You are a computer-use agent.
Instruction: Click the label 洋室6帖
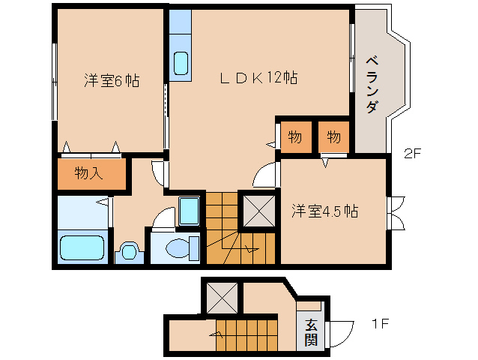coord(110,79)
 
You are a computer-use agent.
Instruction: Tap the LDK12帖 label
coord(259,77)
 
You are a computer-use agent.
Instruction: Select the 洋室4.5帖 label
coord(324,211)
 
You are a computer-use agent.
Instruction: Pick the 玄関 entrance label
coord(310,331)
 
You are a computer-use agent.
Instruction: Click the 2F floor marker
coord(414,155)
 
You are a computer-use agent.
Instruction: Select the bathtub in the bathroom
coord(82,247)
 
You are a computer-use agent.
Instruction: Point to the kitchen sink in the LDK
coord(181,63)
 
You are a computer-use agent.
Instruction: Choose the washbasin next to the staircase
coord(189,211)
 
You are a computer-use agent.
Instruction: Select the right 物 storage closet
coord(333,137)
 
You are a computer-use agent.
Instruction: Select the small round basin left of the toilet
coord(130,250)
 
